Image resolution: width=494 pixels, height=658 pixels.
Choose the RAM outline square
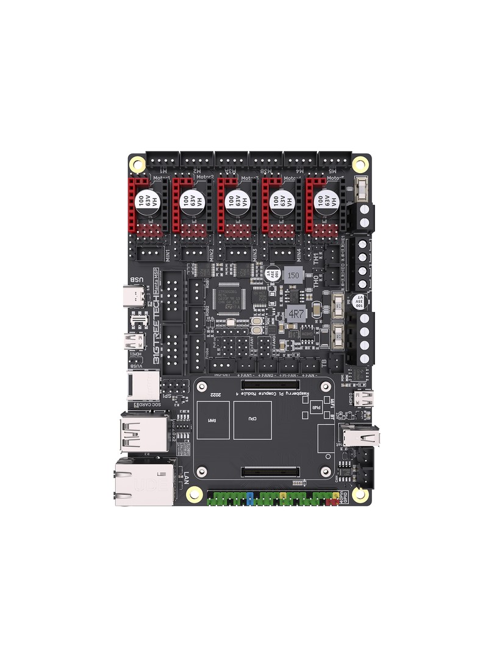click(x=212, y=420)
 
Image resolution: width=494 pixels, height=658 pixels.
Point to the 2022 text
click(x=216, y=395)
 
